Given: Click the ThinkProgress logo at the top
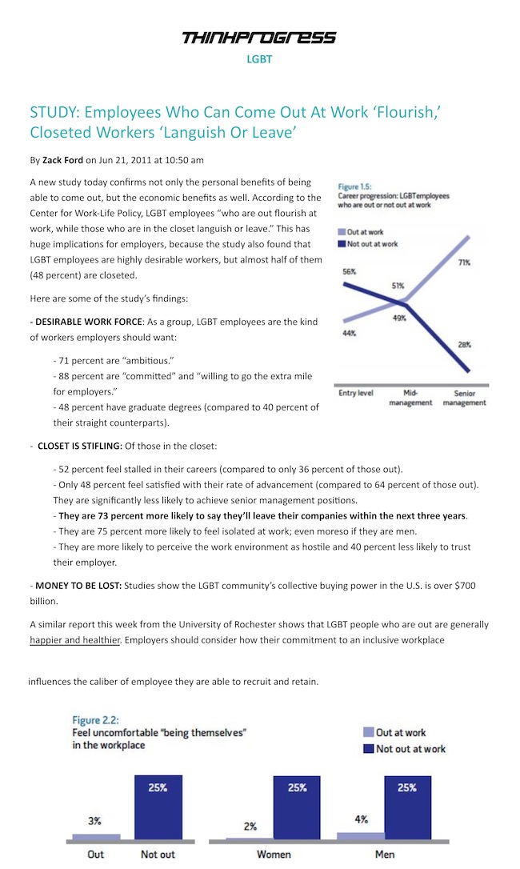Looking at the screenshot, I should [259, 37].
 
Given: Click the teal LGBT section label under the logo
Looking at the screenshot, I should [259, 58].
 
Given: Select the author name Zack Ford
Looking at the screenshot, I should [62, 161].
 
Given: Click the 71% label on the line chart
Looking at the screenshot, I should [464, 262].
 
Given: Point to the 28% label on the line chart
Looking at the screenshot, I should [464, 344].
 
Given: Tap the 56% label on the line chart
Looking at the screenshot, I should [349, 272].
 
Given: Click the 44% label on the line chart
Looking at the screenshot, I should [349, 333].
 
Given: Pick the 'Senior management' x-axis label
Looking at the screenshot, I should [465, 398].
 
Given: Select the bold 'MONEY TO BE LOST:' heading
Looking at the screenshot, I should [76, 586].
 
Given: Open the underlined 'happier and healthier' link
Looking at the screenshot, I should [74, 639].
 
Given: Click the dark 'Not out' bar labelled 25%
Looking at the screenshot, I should [158, 809].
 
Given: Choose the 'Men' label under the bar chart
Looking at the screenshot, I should [385, 855].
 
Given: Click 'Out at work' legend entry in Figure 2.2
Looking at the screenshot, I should [401, 732].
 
